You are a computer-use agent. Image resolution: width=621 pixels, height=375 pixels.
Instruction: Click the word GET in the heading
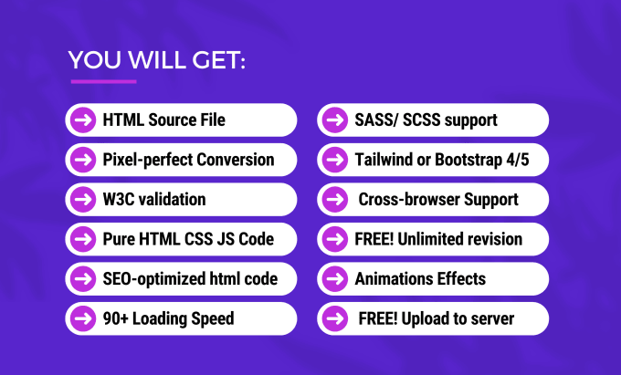pos(218,60)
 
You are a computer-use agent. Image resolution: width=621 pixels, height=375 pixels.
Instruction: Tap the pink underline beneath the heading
pos(104,81)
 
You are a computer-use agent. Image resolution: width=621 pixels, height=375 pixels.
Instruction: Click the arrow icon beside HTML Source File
pos(83,120)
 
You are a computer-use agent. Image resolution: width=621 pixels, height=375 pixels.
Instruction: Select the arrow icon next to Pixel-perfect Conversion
pos(83,160)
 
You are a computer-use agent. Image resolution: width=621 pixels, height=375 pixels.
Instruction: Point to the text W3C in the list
pos(115,200)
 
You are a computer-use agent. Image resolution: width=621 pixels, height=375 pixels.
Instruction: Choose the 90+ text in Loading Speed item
pos(116,318)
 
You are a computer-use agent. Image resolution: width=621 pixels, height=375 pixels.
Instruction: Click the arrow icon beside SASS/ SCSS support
pos(335,120)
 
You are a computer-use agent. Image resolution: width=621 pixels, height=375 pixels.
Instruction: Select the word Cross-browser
pos(409,200)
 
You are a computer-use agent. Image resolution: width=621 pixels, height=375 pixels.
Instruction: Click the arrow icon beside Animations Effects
pos(335,279)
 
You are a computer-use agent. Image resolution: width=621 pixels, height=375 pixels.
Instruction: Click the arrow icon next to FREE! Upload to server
pos(335,318)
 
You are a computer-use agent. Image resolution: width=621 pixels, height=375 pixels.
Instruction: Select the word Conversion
pos(236,160)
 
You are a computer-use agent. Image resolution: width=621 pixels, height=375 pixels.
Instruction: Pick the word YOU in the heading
pos(95,60)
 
